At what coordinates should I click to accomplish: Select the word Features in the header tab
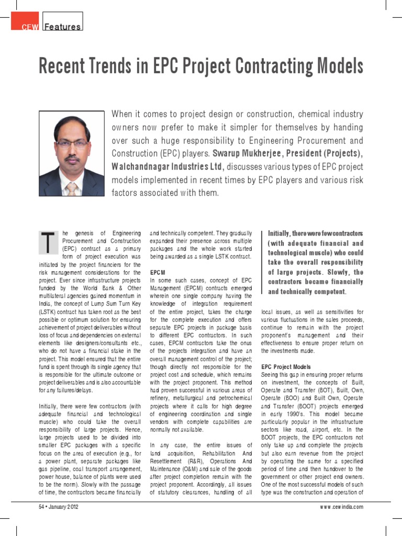[x=63, y=27]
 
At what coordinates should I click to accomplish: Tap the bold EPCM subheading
[x=158, y=273]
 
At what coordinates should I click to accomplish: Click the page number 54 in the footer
[x=42, y=507]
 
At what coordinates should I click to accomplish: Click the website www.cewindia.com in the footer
[x=341, y=507]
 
